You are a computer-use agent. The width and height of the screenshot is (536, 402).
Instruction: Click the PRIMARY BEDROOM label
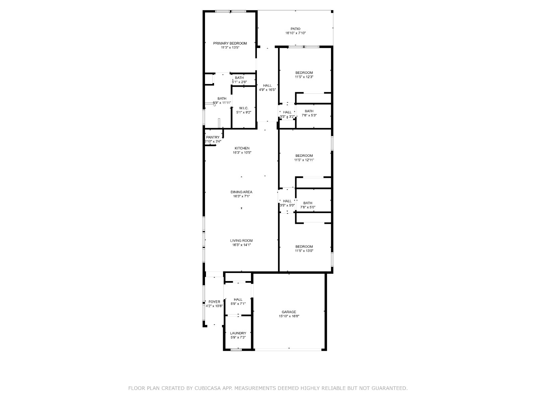(x=230, y=44)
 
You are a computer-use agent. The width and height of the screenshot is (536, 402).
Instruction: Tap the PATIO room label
(x=295, y=29)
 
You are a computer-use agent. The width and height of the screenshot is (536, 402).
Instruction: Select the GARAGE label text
(x=289, y=312)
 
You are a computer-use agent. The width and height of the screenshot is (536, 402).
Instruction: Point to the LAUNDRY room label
(x=238, y=333)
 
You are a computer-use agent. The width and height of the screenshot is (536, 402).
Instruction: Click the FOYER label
(x=214, y=302)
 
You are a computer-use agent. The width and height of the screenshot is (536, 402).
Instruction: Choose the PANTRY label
(x=213, y=137)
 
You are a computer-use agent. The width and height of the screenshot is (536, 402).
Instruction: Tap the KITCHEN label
(x=242, y=148)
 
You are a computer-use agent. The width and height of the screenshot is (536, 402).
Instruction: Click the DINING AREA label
(x=241, y=192)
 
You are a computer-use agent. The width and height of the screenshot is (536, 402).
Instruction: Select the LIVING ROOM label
(x=241, y=241)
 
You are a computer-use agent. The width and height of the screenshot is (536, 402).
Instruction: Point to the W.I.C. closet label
(x=244, y=108)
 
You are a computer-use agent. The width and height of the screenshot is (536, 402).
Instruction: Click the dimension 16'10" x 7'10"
(x=295, y=33)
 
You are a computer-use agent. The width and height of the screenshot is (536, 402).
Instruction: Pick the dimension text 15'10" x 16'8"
(x=289, y=316)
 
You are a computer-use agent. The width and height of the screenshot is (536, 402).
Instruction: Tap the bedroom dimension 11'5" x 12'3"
(x=304, y=77)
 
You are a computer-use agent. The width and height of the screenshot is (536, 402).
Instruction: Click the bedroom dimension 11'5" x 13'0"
(x=304, y=251)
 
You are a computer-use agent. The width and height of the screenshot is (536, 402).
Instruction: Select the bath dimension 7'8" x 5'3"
(x=309, y=116)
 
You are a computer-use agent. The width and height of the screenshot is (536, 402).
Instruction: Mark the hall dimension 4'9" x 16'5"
(x=267, y=90)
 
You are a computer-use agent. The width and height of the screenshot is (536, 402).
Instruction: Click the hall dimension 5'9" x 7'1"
(x=238, y=304)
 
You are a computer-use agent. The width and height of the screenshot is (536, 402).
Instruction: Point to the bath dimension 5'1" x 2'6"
(x=239, y=82)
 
